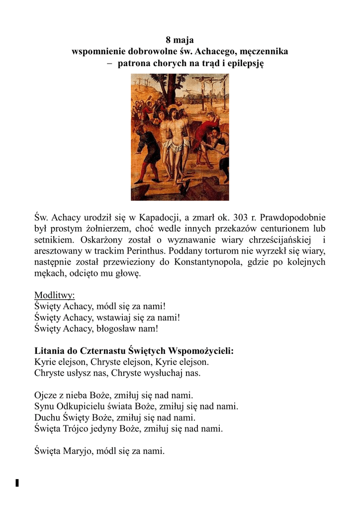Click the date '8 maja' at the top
tap(180, 40)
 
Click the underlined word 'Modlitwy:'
tap(54, 296)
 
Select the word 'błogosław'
tap(118, 329)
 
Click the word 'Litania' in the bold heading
tap(48, 351)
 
